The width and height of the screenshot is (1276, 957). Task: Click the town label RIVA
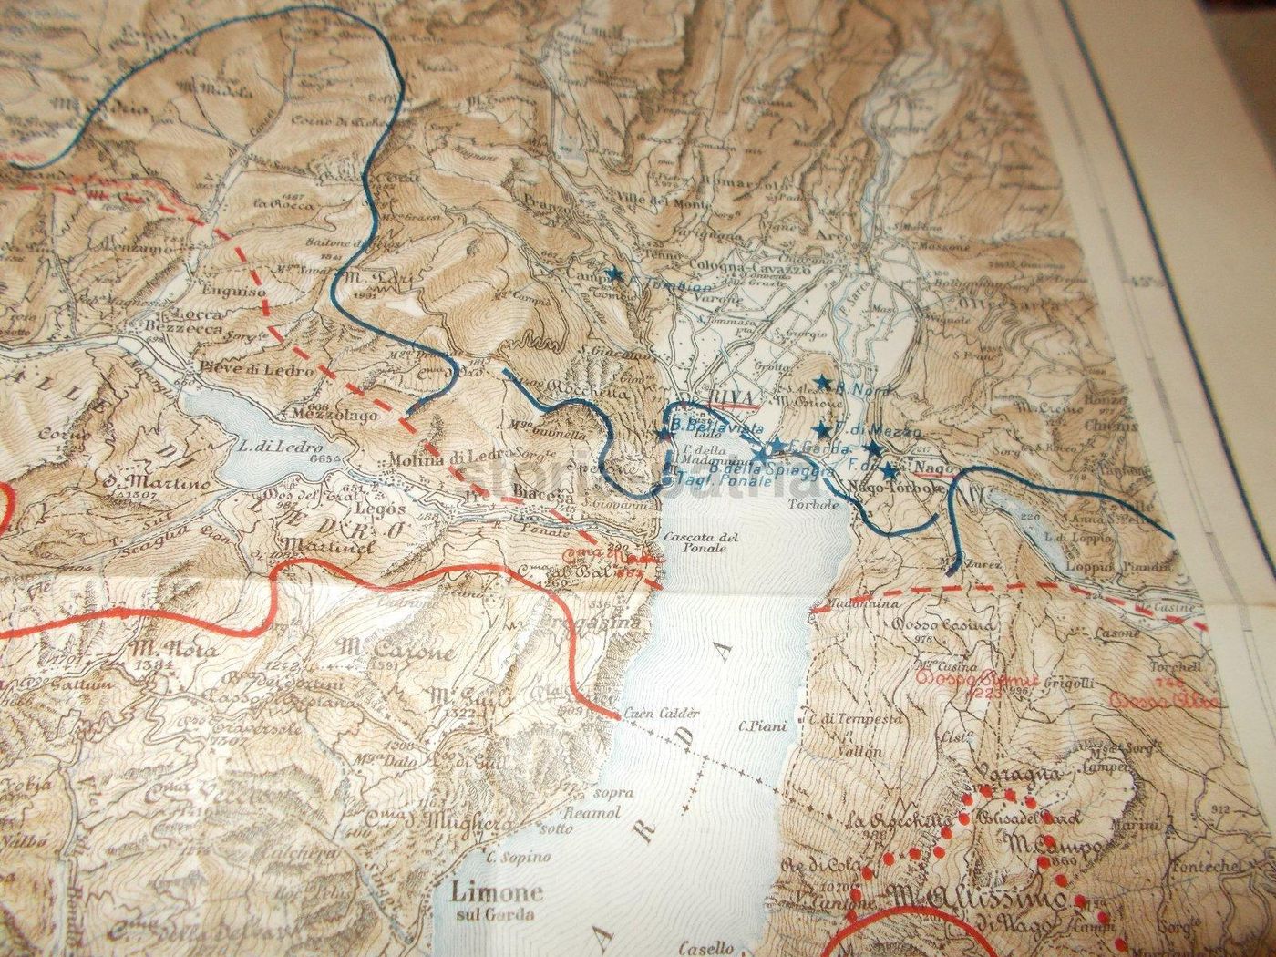[x=714, y=397]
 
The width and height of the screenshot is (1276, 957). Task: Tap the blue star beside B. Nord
[x=823, y=384]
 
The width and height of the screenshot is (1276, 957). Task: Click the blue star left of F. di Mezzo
[x=822, y=428]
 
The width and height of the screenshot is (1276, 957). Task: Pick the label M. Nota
[x=161, y=650]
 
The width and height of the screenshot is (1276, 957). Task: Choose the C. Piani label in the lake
[x=756, y=726]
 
